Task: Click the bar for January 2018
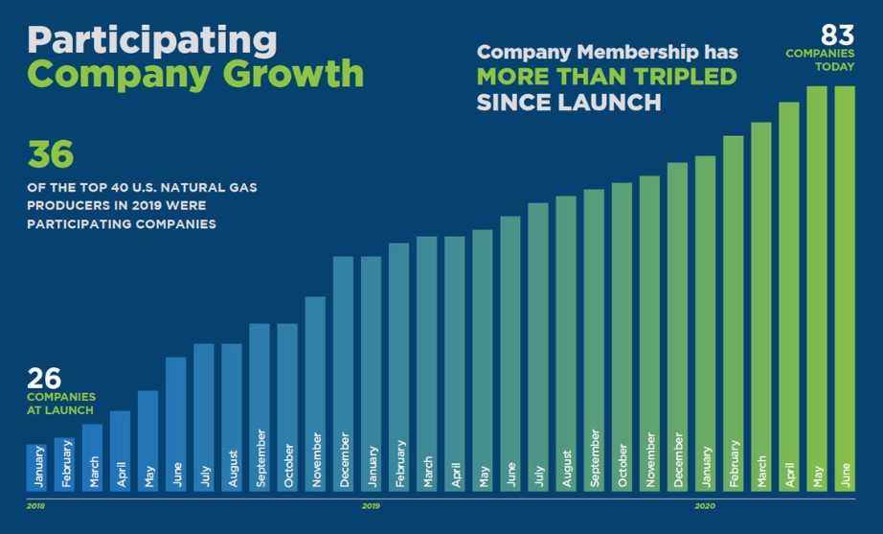(35, 468)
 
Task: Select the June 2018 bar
(175, 424)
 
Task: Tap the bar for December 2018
(343, 374)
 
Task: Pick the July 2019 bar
(538, 347)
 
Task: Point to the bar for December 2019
(678, 327)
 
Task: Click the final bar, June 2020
(845, 289)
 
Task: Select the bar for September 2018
(260, 407)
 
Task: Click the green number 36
(50, 156)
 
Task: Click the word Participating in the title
(151, 39)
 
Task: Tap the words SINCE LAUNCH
(568, 102)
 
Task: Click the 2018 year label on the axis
(35, 505)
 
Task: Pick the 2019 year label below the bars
(372, 505)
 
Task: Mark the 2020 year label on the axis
(705, 505)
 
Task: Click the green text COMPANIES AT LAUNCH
(60, 404)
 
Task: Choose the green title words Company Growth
(195, 74)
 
